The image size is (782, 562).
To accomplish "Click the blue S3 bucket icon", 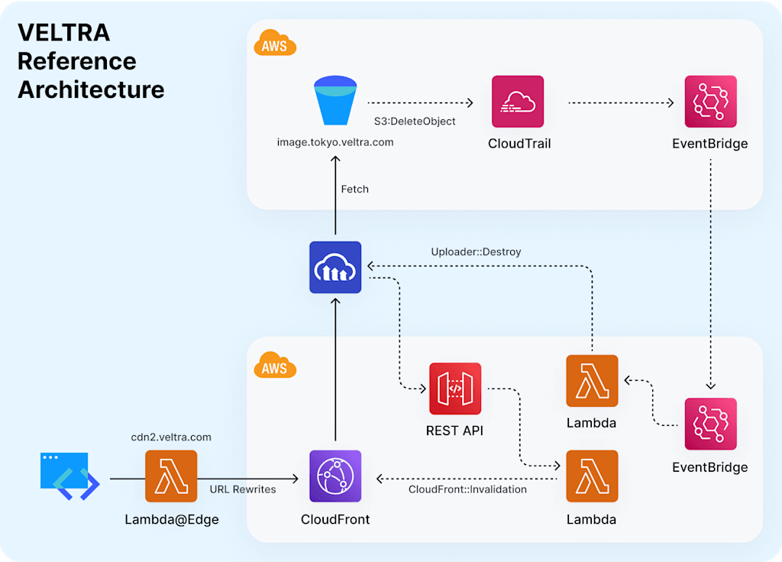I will click(335, 102).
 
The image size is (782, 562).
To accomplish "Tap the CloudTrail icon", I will click(518, 102).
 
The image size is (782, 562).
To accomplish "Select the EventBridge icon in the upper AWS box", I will click(710, 102).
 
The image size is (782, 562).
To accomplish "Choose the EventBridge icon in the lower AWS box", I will click(710, 424).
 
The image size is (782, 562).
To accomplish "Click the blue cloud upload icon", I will click(335, 267).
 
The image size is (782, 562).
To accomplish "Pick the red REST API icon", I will click(455, 388).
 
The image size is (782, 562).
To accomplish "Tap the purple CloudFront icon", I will click(335, 476).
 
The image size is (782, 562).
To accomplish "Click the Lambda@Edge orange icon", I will click(171, 476).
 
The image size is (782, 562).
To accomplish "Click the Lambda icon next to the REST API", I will click(592, 381).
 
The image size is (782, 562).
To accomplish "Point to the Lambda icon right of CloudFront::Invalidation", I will click(592, 476).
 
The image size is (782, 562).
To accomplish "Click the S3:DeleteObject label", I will click(415, 121).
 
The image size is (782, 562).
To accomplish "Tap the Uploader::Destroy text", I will click(477, 251).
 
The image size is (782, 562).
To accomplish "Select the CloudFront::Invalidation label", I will click(467, 489).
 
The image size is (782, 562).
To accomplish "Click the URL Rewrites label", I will click(243, 489).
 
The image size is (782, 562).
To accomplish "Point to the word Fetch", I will click(354, 189).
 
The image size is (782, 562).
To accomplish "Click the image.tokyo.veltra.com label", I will click(335, 142).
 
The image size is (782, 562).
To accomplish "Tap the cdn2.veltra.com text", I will click(171, 437).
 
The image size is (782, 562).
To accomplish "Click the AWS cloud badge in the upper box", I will click(275, 44).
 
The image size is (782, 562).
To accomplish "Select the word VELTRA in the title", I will click(64, 33).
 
